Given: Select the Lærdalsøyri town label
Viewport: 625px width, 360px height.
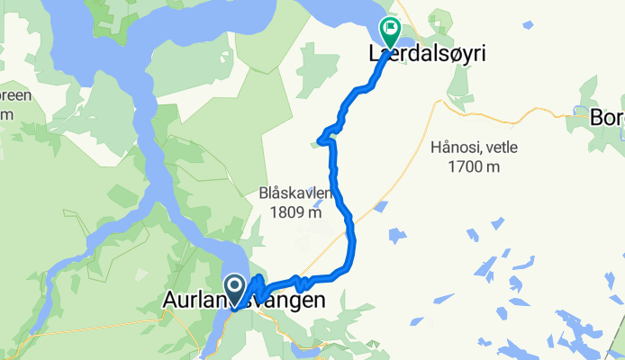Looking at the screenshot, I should pos(427,54).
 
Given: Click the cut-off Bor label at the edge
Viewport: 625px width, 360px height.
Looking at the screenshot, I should pos(605,117).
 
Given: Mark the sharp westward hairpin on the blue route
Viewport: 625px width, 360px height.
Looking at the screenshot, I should pos(322,139).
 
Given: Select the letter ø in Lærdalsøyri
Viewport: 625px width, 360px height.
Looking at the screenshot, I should pos(448,54).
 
